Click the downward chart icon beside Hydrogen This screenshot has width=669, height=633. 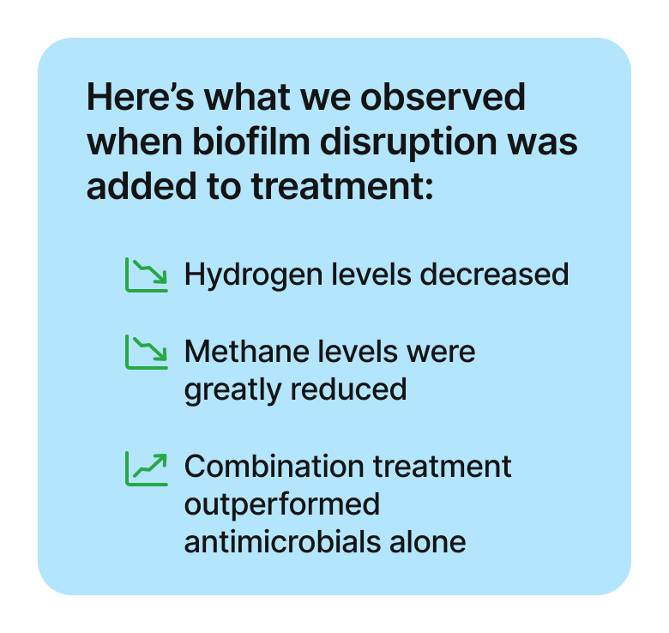tap(148, 274)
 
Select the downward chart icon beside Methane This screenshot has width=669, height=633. tap(148, 352)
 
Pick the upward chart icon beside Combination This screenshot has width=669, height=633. tap(148, 467)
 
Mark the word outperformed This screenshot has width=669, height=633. tap(282, 504)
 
